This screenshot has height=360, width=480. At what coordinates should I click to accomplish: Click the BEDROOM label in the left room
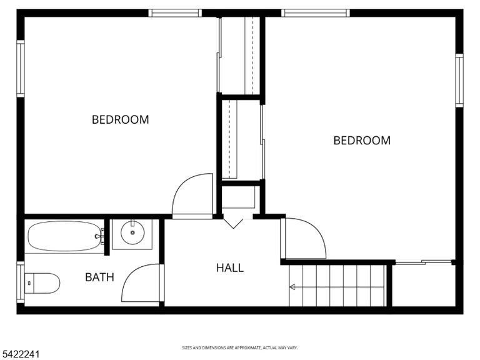coord(120,119)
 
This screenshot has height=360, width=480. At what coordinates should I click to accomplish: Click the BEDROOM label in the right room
coord(362,141)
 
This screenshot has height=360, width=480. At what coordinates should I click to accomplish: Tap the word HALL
coord(230,268)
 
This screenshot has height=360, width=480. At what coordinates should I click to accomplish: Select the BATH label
coord(99,277)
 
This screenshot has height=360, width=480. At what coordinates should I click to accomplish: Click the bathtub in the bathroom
coord(64,236)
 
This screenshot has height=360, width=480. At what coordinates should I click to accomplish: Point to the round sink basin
coord(132,232)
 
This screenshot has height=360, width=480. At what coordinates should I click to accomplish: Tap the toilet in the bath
coord(42,283)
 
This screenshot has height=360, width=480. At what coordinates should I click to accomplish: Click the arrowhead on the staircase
coord(292,287)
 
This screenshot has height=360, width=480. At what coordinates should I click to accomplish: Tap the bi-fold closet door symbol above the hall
coord(233,222)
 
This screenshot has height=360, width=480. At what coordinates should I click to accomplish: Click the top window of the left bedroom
coord(175,13)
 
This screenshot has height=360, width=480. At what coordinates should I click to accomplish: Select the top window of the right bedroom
coord(315,13)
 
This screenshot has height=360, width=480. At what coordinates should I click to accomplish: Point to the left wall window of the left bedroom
coord(21,69)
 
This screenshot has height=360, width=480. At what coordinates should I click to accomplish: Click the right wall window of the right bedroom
coord(459,81)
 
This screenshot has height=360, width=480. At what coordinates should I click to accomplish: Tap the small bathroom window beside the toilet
coord(21,282)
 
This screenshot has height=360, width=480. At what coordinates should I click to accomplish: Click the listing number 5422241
coord(20,354)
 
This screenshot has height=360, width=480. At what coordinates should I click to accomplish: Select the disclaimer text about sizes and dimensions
coord(240,347)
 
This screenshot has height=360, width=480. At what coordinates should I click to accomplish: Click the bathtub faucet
coord(99,236)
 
